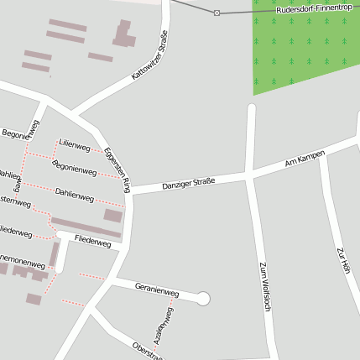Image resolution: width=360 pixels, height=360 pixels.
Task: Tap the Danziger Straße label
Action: pos(188,182)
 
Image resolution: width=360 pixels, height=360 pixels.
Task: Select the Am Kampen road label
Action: pos(304,158)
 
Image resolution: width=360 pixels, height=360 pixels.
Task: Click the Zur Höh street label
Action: pos(342,261)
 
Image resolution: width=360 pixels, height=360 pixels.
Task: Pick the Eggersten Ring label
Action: pos(117,168)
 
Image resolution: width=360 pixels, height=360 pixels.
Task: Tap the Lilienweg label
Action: pos(75,146)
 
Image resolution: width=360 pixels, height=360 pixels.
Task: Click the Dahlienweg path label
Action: pos(74,194)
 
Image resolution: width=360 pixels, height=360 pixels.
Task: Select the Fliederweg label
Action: pos(92,242)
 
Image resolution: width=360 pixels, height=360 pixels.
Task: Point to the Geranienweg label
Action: pos(157,290)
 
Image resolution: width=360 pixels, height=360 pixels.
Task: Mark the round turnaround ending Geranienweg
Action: pos(202,298)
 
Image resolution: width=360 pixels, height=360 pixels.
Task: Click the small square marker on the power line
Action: pos(217,12)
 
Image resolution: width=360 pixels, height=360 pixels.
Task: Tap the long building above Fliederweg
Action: pos(86,227)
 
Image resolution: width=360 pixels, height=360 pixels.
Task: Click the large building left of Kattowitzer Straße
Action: pos(124,34)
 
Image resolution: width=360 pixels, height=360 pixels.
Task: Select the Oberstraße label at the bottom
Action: pos(148,351)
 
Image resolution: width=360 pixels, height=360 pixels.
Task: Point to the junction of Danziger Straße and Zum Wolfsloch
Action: pos(250,174)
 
